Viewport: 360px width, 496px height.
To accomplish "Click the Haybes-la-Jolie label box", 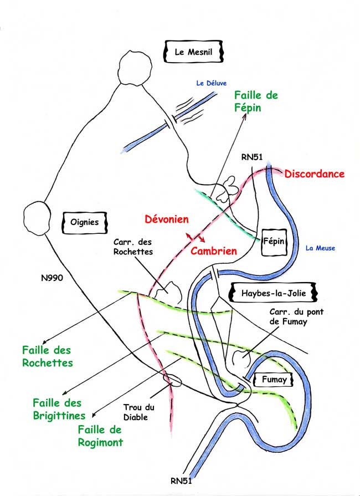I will pyautogui.click(x=272, y=293).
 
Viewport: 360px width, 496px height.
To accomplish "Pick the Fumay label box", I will pyautogui.click(x=273, y=380).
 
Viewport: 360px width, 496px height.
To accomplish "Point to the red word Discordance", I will pyautogui.click(x=314, y=174).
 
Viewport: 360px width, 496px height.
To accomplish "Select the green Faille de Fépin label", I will pyautogui.click(x=256, y=102).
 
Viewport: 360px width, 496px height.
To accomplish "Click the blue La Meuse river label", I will pyautogui.click(x=321, y=248).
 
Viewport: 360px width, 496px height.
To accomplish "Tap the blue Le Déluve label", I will pyautogui.click(x=212, y=83).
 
